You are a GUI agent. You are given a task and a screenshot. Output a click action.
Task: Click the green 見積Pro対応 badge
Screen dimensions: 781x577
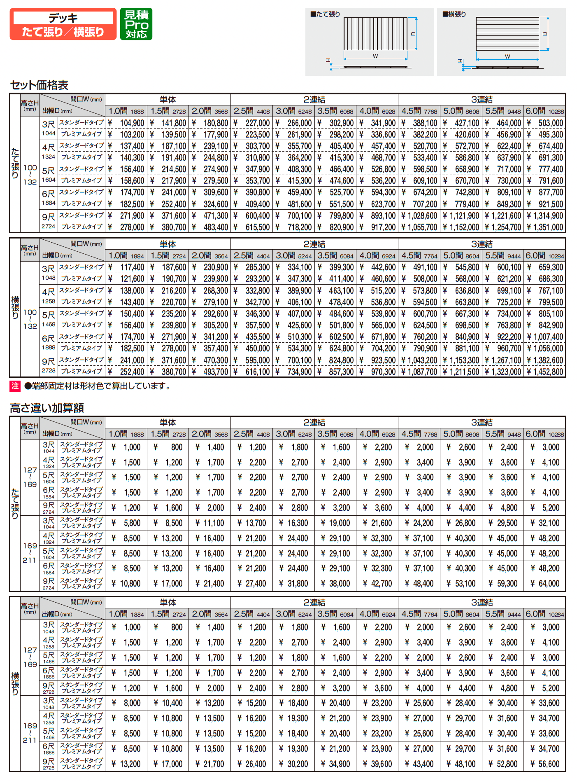[x=136, y=24]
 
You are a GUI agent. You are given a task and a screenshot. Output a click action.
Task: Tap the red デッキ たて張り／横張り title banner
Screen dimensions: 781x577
[x=63, y=24]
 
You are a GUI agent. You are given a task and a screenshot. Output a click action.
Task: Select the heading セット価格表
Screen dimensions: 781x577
[x=39, y=85]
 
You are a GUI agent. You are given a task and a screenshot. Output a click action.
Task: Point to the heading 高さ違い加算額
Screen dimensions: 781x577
[x=47, y=408]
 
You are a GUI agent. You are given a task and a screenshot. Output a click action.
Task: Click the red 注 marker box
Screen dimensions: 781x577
[x=15, y=386]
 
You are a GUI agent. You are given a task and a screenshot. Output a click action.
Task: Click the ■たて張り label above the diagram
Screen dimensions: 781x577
[x=325, y=14]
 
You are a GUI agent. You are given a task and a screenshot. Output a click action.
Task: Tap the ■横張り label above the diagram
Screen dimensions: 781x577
[x=454, y=14]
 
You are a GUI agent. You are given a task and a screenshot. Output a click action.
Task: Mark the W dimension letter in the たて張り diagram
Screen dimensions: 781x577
[x=375, y=56]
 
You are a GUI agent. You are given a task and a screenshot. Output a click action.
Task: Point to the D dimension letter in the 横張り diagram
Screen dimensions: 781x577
[x=545, y=34]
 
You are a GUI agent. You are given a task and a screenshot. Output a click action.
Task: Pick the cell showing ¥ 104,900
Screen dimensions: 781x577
[x=127, y=123]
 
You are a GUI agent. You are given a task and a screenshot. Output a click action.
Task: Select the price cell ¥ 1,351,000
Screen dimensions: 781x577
[x=544, y=227]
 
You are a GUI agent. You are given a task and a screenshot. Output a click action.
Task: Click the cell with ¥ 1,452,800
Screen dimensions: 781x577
[x=544, y=372]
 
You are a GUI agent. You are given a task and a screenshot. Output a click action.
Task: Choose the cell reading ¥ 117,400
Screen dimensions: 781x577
[x=127, y=267]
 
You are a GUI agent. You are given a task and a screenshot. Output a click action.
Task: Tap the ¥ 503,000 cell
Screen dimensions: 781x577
[x=544, y=123]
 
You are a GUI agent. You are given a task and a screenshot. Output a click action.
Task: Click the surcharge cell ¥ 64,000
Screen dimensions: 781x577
[x=544, y=584]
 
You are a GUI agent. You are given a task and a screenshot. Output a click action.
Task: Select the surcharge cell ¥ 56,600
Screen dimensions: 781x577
[x=544, y=764]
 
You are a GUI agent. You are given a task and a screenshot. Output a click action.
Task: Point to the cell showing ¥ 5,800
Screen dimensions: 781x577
[x=127, y=523]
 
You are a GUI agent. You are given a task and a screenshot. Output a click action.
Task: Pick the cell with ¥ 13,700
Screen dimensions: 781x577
[x=252, y=523]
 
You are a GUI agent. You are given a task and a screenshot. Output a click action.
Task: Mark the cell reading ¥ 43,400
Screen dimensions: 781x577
[x=419, y=764]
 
